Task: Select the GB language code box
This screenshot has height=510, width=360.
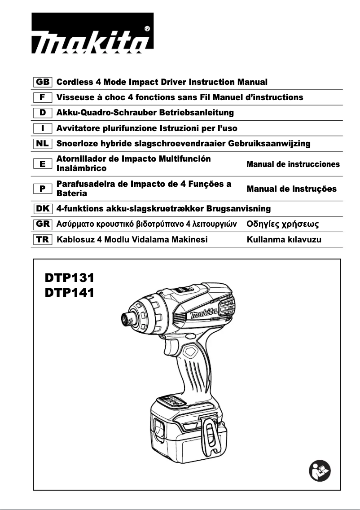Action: coord(43,82)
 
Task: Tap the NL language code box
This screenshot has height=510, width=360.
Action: coord(43,144)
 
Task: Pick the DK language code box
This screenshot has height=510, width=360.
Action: coord(43,209)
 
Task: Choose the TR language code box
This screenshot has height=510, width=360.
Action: coord(43,239)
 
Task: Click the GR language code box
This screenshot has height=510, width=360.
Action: coord(43,224)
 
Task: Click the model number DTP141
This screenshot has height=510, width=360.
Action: coord(69,293)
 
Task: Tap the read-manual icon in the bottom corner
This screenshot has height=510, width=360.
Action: coord(320,471)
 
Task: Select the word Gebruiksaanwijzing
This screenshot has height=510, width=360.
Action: coord(269,144)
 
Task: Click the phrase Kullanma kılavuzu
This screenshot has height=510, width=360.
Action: coord(284,239)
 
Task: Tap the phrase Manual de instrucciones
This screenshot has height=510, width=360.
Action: coord(293,164)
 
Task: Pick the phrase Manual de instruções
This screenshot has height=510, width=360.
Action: coord(291,189)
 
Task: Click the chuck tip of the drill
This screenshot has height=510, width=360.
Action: coord(124,319)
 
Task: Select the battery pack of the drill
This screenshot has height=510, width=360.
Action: coord(189,424)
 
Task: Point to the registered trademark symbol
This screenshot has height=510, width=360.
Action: coord(148,28)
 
